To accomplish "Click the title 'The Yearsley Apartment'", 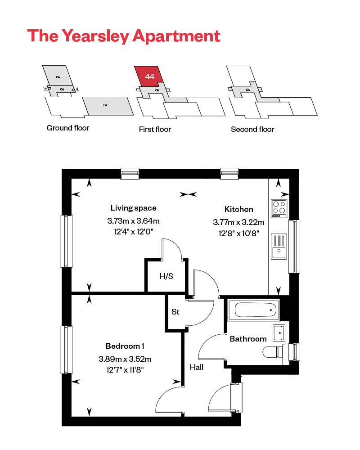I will click(x=124, y=36).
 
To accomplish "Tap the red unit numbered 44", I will click(x=149, y=77).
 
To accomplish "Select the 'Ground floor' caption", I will click(x=68, y=128).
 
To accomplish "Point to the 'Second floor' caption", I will click(x=252, y=129).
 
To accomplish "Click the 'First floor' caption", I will click(x=155, y=129).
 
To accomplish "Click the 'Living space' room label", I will click(x=134, y=208).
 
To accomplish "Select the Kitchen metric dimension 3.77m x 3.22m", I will click(x=238, y=222).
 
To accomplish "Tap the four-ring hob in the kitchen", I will click(x=279, y=208).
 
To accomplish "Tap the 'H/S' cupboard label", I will click(x=166, y=276).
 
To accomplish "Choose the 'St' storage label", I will click(x=175, y=311).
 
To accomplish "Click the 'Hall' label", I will click(x=197, y=367).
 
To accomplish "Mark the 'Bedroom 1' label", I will click(x=125, y=346).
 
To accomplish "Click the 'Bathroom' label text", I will click(x=248, y=338).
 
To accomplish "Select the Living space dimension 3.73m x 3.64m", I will click(x=134, y=221).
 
